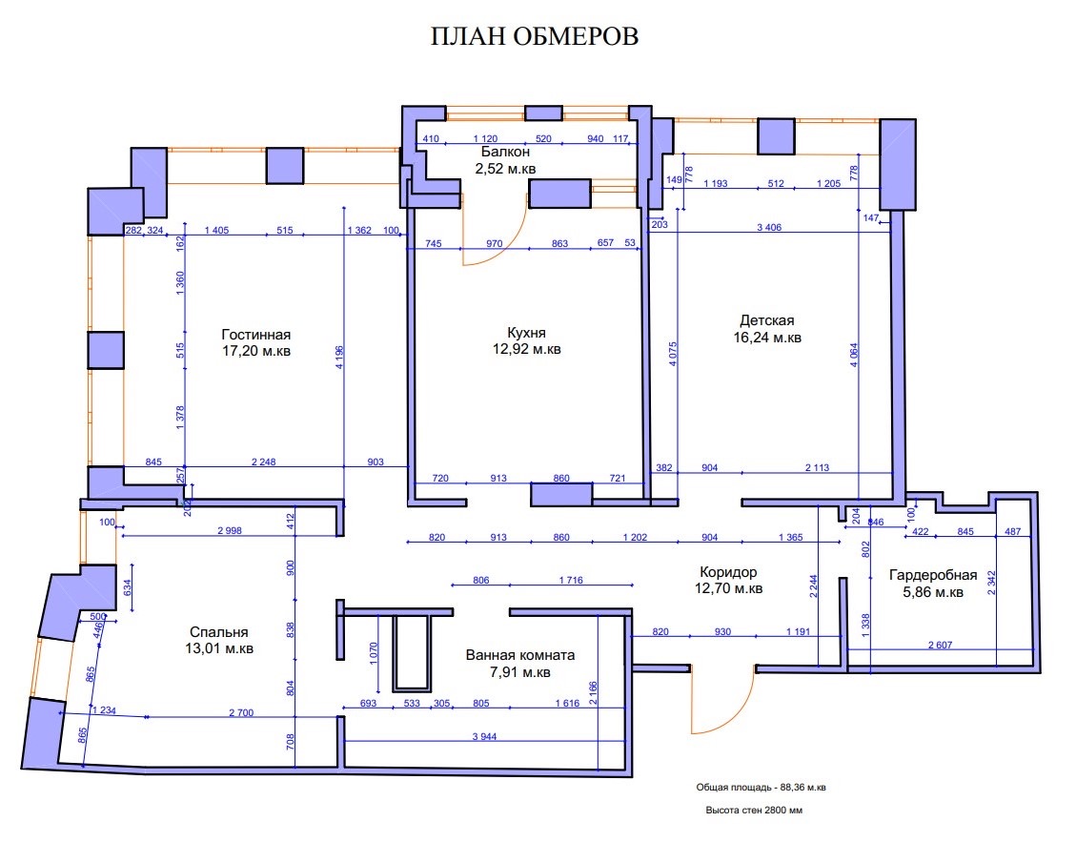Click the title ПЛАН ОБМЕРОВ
535,36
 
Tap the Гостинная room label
256,335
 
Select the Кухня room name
526,333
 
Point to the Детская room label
767,320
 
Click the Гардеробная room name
933,576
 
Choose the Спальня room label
219,632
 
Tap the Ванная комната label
520,655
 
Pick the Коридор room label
728,572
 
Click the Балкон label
506,152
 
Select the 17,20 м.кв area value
256,351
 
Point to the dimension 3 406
768,227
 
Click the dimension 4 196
339,358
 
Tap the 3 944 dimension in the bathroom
484,737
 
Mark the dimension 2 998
229,531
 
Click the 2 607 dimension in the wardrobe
940,645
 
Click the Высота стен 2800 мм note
754,811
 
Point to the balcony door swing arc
501,243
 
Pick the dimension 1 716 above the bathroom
570,581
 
